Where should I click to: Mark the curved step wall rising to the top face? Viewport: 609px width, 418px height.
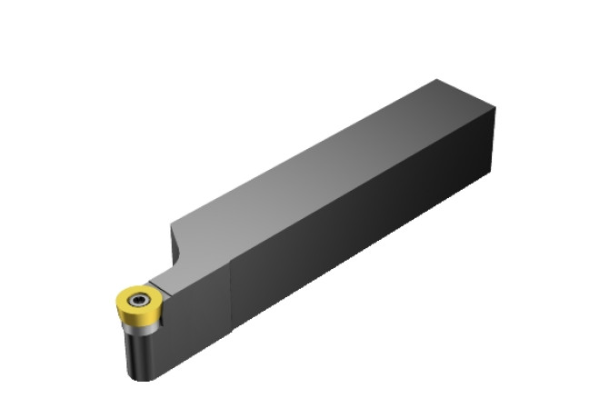(177, 244)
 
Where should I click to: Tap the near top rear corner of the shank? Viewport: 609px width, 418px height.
(495, 108)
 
